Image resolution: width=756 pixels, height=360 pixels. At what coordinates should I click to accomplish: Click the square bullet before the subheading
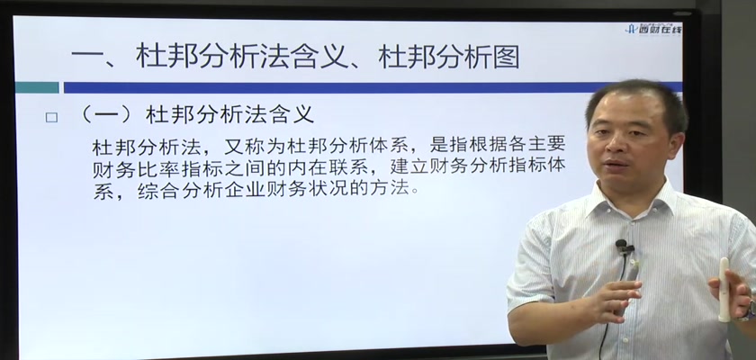51,118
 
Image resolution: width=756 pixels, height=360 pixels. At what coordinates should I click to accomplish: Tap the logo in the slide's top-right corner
653,28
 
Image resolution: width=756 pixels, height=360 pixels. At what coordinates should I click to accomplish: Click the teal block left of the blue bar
37,87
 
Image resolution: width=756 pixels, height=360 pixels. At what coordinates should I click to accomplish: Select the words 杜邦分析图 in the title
449,57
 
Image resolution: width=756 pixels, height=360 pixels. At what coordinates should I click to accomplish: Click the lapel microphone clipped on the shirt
624,247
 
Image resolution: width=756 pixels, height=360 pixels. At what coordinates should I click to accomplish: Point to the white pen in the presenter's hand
724,289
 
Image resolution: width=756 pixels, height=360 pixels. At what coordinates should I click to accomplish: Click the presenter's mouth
616,164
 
